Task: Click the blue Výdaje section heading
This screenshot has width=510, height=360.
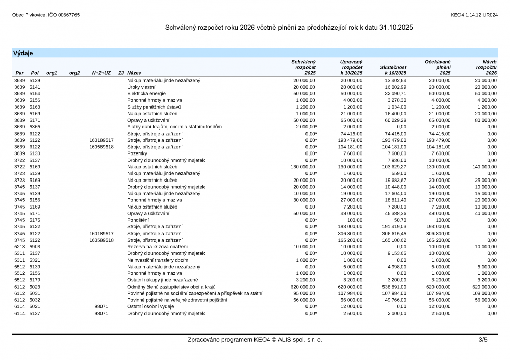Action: (23, 53)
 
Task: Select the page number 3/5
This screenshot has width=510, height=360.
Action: (482, 340)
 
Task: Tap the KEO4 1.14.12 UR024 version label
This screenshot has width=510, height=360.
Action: (474, 15)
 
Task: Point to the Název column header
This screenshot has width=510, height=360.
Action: (135, 73)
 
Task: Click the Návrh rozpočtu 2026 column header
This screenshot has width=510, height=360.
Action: (486, 67)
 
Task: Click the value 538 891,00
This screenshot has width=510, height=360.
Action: (394, 287)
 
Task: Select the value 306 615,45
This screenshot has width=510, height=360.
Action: (394, 233)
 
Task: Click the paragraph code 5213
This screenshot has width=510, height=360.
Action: (19, 246)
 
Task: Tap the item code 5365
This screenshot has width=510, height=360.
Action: (35, 127)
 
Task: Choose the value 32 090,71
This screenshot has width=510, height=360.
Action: (395, 94)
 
